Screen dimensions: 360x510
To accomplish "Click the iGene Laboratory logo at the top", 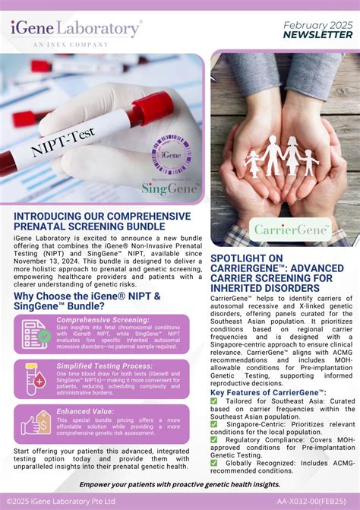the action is click(76, 31).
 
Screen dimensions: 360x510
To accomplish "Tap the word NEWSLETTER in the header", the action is click(317, 35).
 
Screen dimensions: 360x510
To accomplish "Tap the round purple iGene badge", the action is click(171, 154).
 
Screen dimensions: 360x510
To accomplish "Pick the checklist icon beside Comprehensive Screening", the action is click(35, 333).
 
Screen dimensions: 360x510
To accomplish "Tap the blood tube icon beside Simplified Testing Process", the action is click(35, 379).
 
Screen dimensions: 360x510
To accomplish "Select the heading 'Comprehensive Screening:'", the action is click(103, 320).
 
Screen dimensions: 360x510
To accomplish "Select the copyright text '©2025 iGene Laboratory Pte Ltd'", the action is click(61, 502).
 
